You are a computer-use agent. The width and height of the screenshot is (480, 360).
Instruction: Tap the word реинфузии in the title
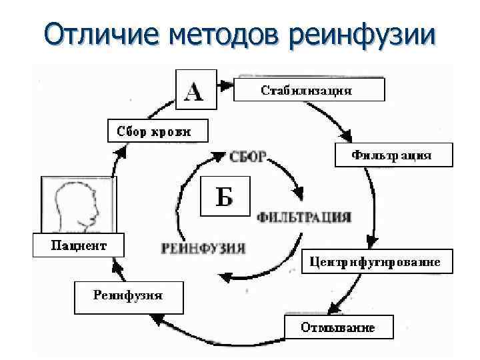click(365, 33)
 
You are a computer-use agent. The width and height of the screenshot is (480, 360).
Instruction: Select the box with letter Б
click(225, 196)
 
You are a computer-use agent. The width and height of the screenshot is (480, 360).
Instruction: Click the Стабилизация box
click(309, 89)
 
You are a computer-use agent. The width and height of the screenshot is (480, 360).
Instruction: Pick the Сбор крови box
click(157, 131)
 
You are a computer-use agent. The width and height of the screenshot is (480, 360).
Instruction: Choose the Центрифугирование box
click(377, 261)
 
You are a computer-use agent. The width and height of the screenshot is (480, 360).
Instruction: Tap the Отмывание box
click(339, 327)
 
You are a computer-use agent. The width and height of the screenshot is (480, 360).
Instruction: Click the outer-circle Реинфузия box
click(128, 296)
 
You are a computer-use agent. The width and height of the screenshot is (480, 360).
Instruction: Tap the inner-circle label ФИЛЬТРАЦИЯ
click(304, 217)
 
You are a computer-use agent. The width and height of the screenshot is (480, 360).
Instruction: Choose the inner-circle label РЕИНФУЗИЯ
click(203, 248)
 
